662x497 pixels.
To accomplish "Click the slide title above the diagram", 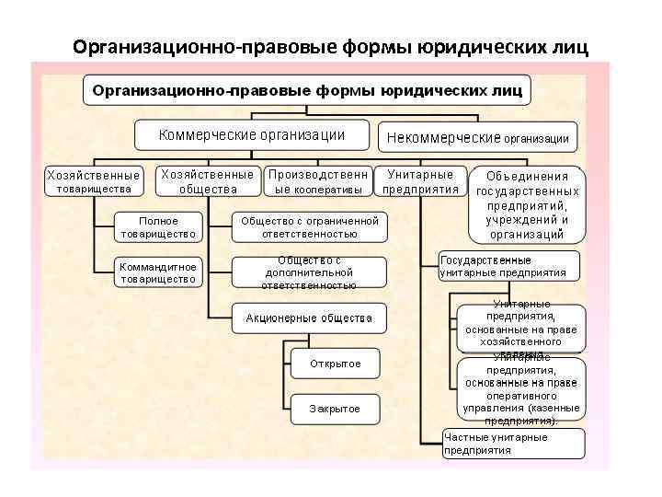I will [329, 46].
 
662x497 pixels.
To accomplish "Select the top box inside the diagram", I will [307, 90].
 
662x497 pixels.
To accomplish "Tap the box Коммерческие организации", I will [252, 135].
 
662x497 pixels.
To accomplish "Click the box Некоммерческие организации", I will [478, 138].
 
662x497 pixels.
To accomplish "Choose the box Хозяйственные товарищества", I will [94, 181].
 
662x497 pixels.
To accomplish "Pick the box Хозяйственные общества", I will [208, 181].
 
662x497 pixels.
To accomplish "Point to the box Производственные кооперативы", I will [319, 181].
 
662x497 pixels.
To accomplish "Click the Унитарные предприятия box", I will [420, 181].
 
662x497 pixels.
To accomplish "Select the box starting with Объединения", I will [527, 203].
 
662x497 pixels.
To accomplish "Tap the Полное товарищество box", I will [158, 227].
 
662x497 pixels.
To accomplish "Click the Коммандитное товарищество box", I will [158, 273].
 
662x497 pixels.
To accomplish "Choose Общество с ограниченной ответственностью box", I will [309, 227].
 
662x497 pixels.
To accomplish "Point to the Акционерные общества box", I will [309, 318].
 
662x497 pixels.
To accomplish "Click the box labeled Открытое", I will [335, 364].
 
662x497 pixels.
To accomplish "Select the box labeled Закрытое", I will [335, 409].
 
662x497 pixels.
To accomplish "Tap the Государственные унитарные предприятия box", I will [509, 266].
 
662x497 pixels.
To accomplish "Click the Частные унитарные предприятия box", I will [513, 444].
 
